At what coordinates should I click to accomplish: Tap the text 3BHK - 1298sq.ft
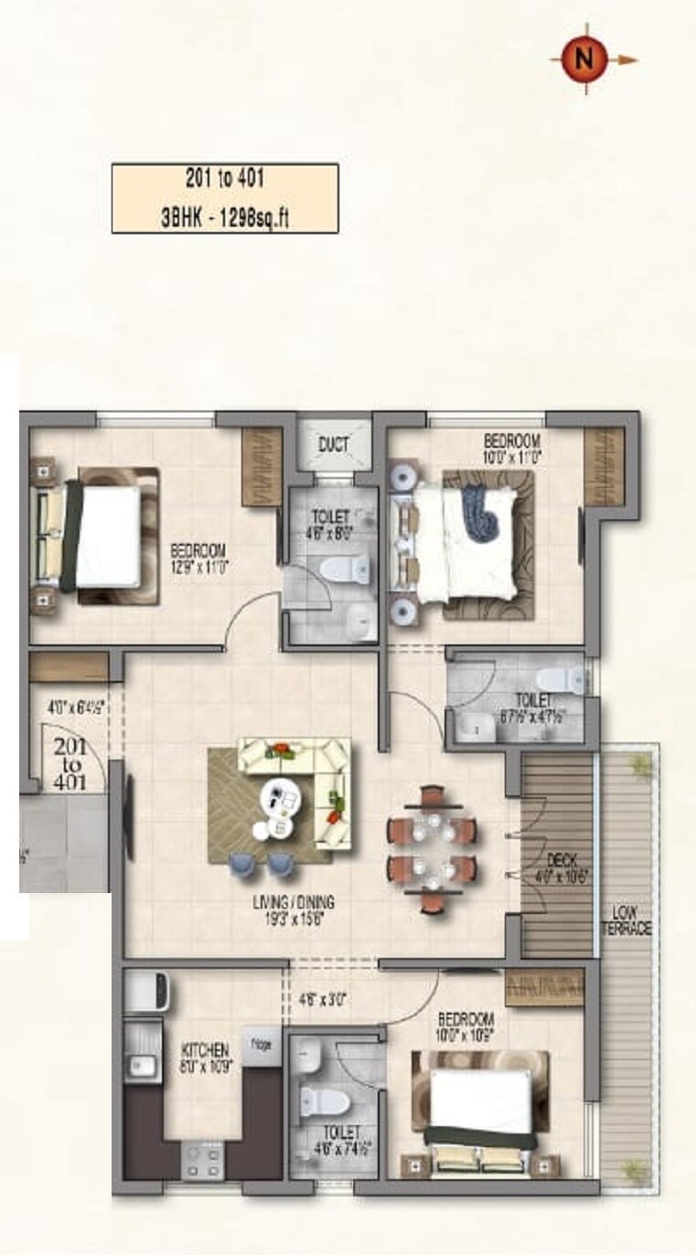pyautogui.click(x=225, y=218)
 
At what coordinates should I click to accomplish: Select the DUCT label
pyautogui.click(x=333, y=445)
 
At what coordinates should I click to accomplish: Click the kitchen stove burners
pyautogui.click(x=202, y=1160)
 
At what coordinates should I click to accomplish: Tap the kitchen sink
pyautogui.click(x=141, y=1065)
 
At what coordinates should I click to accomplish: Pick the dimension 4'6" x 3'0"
pyautogui.click(x=322, y=999)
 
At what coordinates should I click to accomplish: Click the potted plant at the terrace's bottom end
pyautogui.click(x=634, y=1170)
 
